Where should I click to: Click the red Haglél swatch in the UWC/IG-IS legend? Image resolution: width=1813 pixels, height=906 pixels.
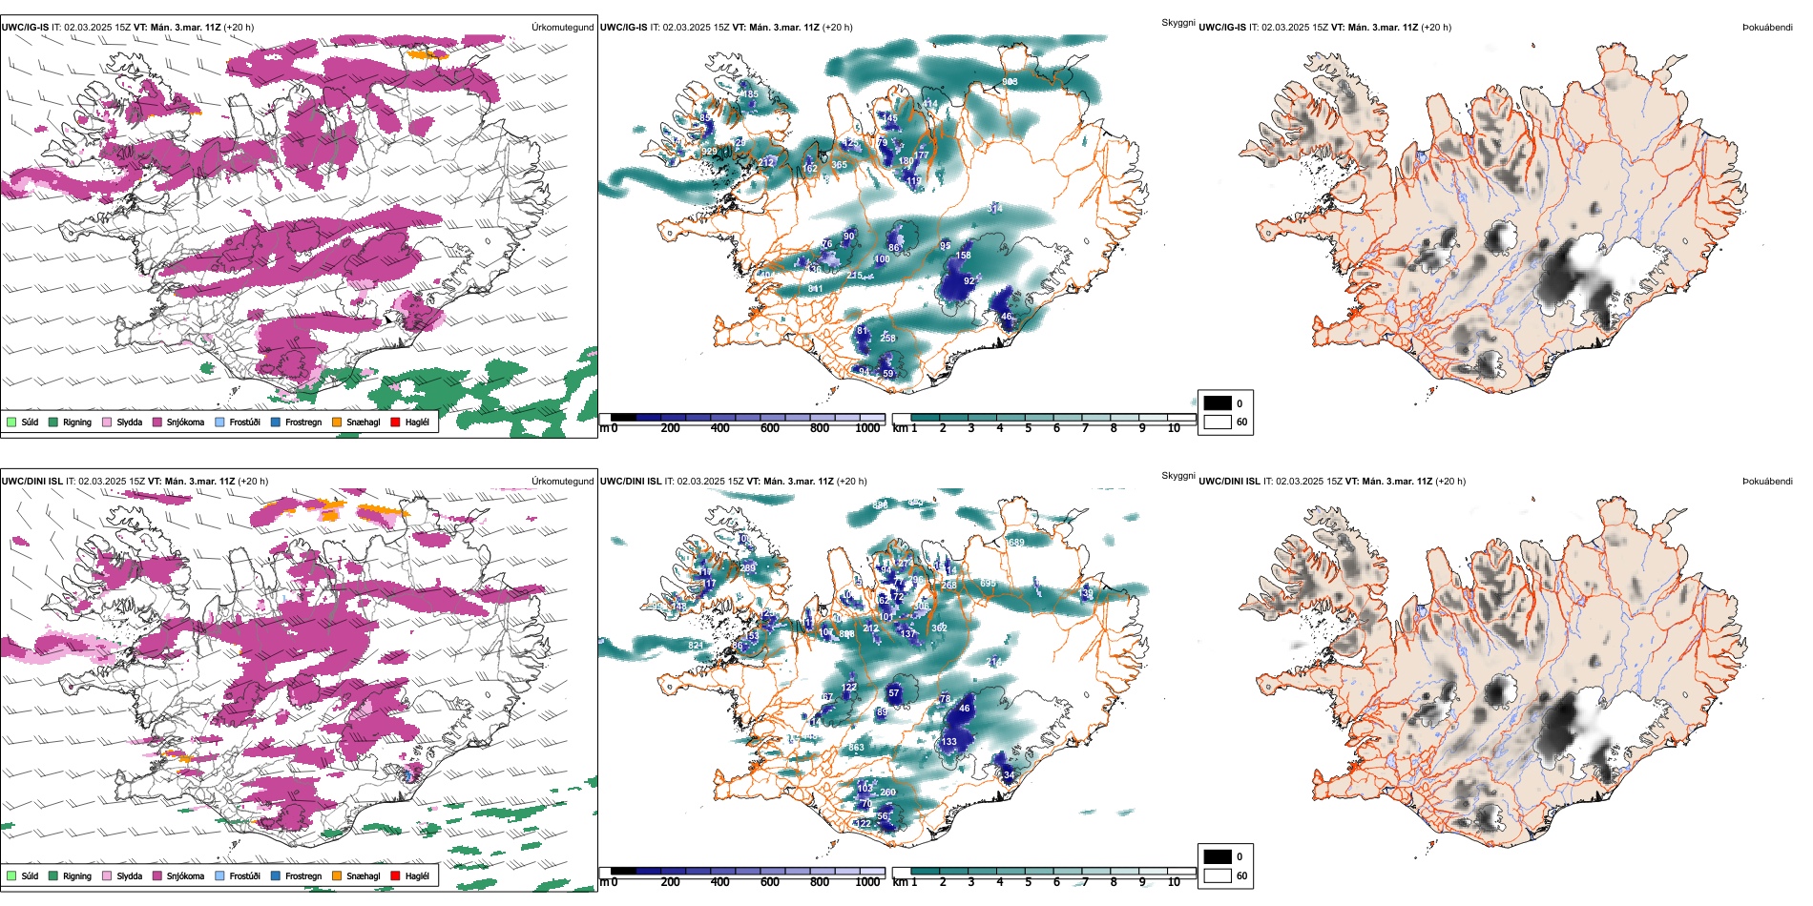tap(396, 422)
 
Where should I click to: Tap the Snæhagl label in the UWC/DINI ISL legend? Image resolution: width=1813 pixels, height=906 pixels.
tap(363, 875)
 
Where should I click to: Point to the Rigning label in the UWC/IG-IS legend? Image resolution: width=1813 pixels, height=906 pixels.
tap(77, 422)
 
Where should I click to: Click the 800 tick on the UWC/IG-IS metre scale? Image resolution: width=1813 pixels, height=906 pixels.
tap(820, 428)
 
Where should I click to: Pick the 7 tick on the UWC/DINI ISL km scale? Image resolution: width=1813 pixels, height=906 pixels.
tap(1085, 882)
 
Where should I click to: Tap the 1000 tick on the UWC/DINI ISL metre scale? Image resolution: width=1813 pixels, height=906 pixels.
tap(867, 882)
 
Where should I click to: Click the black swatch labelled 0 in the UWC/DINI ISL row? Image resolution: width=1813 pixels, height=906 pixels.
tap(1218, 856)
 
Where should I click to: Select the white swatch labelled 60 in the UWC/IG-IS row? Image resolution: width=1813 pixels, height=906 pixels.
tap(1218, 422)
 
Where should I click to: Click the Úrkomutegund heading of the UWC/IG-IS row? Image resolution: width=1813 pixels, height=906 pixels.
tap(562, 27)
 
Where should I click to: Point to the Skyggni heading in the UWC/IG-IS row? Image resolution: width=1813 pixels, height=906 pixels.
tap(1177, 22)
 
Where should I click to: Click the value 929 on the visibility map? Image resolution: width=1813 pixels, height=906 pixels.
tap(709, 152)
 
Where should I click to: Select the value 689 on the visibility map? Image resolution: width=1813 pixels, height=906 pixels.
tap(1016, 543)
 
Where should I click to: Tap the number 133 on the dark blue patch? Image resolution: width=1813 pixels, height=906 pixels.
tap(948, 742)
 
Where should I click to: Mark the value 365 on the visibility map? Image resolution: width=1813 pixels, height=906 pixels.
tap(839, 165)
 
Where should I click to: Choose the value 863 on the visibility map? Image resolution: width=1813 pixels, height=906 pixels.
tap(856, 747)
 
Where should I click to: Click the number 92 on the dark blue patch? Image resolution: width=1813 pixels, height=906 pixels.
tap(969, 281)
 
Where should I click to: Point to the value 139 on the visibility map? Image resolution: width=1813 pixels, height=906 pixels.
tap(1086, 594)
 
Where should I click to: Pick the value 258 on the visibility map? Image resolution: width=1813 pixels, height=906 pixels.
tap(887, 339)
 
